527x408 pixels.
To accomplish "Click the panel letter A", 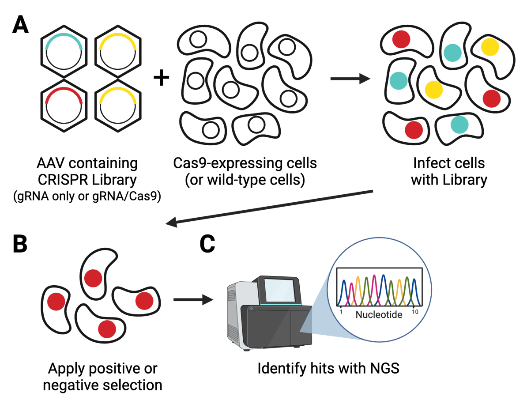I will click(20, 25).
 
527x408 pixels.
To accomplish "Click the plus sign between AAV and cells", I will click(161, 79).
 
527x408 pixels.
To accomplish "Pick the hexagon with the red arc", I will click(64, 106).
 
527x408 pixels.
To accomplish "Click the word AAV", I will click(49, 163).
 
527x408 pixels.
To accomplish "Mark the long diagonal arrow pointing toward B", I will click(269, 207).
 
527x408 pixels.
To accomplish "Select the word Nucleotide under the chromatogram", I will click(379, 315).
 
